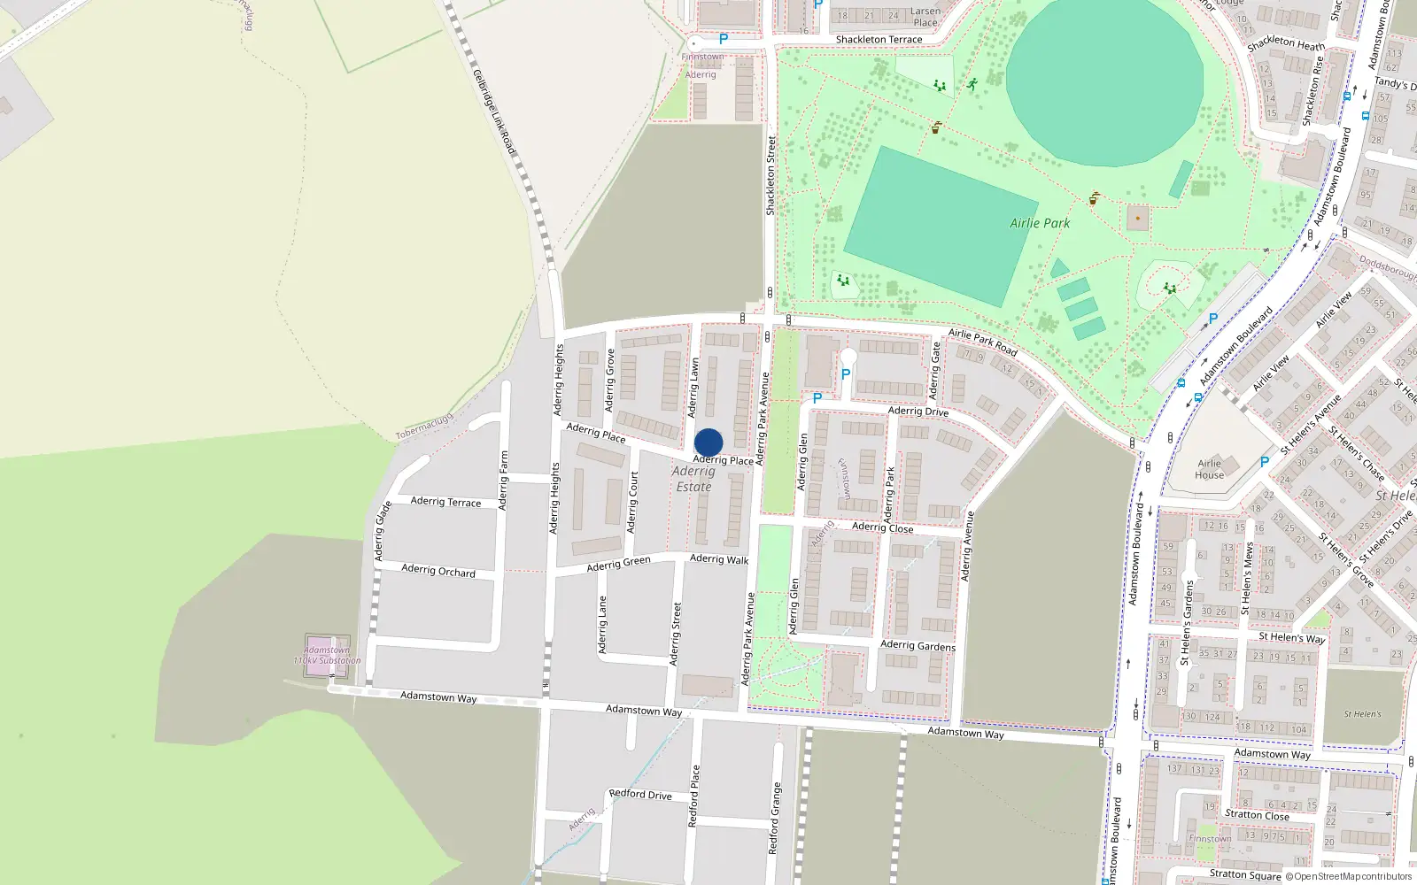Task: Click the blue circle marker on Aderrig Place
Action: tap(708, 442)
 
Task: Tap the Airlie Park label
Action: tap(1040, 223)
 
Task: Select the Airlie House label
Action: tap(1209, 469)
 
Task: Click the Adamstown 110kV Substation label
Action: tap(327, 655)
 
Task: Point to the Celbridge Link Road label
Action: tap(494, 112)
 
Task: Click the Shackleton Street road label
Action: tap(770, 175)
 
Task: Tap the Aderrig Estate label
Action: tap(693, 479)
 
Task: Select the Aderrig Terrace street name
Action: tap(445, 502)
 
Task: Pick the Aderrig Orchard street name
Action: tap(438, 570)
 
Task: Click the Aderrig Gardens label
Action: tap(918, 645)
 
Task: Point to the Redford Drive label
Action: tap(640, 794)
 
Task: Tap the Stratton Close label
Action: tap(1257, 814)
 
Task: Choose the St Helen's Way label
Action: tap(1291, 637)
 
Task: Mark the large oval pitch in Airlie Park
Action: tap(1104, 81)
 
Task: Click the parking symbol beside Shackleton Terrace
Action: tap(724, 39)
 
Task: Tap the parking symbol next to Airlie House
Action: tap(1265, 462)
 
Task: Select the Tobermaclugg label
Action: tap(424, 427)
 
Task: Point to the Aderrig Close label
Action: tap(882, 527)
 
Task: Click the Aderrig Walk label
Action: tap(719, 558)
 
